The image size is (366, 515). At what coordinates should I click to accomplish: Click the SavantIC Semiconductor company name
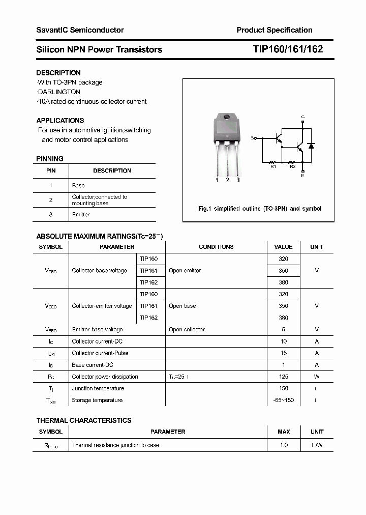80,30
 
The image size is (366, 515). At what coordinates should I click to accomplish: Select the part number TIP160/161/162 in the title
288,49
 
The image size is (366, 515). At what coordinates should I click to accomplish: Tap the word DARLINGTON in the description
59,92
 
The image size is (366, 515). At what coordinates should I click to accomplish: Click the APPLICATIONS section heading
60,121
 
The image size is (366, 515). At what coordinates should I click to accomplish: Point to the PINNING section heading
50,159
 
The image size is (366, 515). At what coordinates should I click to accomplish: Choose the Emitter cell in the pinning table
81,215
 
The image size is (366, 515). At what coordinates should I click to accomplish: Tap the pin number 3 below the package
238,180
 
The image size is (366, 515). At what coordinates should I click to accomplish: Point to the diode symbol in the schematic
311,146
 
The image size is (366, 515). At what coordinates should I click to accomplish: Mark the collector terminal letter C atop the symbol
303,117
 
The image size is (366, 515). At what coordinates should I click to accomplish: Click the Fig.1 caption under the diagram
259,209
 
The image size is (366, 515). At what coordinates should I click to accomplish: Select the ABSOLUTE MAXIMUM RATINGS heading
99,236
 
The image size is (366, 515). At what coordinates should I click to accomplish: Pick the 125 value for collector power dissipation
283,377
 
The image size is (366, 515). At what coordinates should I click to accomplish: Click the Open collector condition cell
187,330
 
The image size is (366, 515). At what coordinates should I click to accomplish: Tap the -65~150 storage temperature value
283,400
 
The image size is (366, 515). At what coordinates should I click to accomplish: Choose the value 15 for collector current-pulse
283,353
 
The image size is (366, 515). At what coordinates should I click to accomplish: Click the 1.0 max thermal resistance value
283,445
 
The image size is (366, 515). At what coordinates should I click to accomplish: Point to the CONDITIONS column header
216,247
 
